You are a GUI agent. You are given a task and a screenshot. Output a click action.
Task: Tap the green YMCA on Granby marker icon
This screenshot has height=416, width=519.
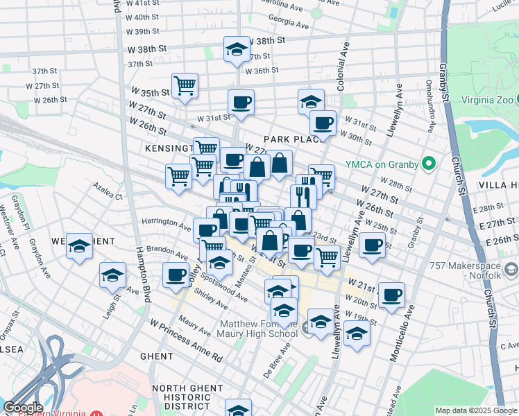tap(429, 164)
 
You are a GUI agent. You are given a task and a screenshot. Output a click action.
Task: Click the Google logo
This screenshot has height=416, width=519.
tap(24, 407)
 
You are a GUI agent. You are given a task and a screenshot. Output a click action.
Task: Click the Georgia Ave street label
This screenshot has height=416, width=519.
tap(286, 21)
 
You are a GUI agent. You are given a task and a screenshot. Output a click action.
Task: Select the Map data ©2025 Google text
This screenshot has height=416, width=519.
tap(475, 410)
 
